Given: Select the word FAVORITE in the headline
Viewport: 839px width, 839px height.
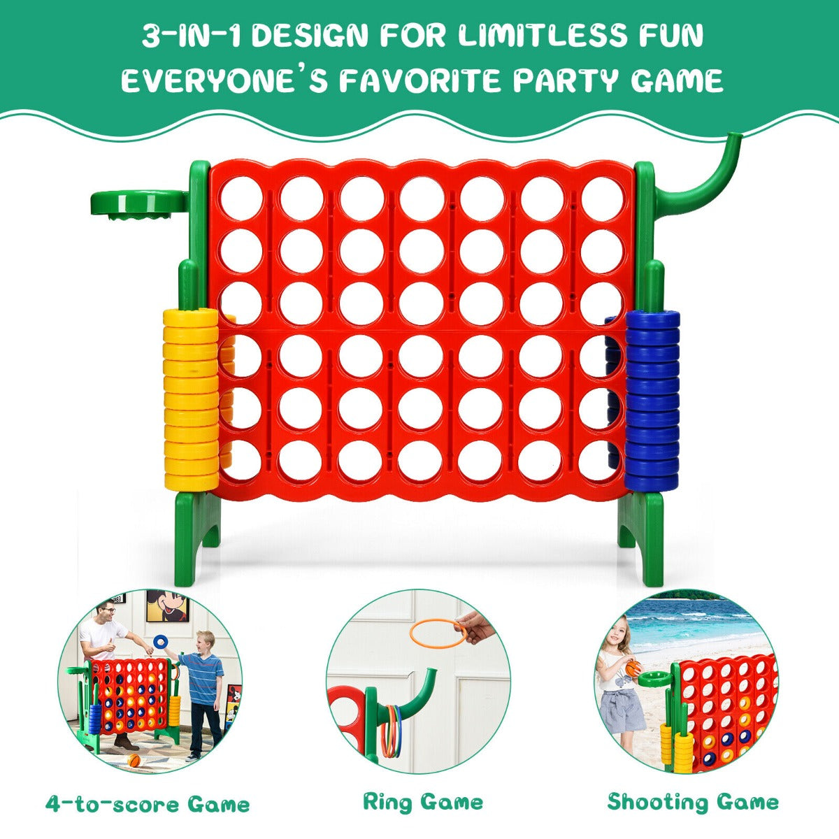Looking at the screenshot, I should tap(424, 81).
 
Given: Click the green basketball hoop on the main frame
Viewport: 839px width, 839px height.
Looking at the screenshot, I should tap(140, 203).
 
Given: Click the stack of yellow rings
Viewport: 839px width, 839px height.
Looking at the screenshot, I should tap(190, 399).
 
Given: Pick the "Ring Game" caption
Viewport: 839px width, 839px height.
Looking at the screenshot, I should tap(422, 802).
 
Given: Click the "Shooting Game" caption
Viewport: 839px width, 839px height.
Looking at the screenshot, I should tap(692, 801).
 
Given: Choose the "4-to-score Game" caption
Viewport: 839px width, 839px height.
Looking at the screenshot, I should tap(147, 804).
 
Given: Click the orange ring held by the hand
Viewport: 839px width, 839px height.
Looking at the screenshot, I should tap(438, 633).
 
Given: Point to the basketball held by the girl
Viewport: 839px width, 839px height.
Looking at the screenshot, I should tap(633, 668).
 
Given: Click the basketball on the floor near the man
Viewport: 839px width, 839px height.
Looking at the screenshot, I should tap(134, 761).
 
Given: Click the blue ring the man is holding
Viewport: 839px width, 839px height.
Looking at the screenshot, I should tap(161, 641).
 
